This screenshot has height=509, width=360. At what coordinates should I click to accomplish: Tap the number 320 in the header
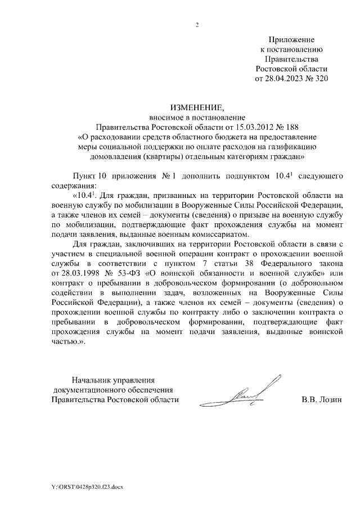318,79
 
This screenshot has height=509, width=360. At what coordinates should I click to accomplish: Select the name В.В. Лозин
321,400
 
